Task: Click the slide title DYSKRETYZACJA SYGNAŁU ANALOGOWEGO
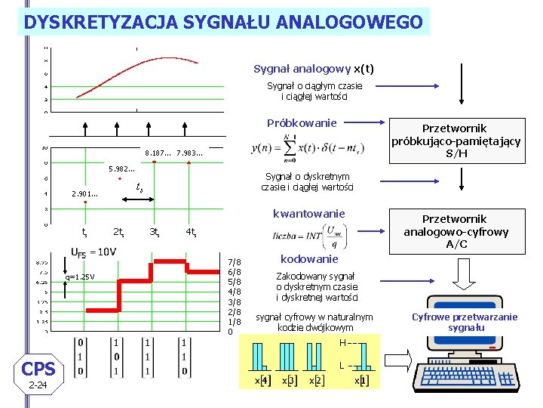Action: click(x=223, y=22)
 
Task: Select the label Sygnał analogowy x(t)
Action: click(x=314, y=69)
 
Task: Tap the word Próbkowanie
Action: click(x=302, y=122)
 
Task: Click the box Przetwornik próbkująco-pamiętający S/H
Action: click(x=456, y=141)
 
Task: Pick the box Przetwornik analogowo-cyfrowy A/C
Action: click(x=456, y=231)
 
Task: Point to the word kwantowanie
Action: click(x=308, y=214)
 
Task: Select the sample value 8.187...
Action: click(x=158, y=153)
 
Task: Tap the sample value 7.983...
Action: click(x=189, y=153)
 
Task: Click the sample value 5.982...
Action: click(x=121, y=168)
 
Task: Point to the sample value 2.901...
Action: click(x=84, y=194)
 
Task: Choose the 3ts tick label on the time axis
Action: click(x=154, y=231)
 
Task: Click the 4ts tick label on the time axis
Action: click(x=192, y=231)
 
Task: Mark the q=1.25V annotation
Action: click(x=79, y=277)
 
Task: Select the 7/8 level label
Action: click(x=235, y=262)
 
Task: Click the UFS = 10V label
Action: click(x=94, y=252)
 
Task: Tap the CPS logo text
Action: click(x=38, y=369)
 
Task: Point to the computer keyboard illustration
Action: click(x=461, y=373)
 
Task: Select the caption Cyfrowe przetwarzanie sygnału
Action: click(x=465, y=322)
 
